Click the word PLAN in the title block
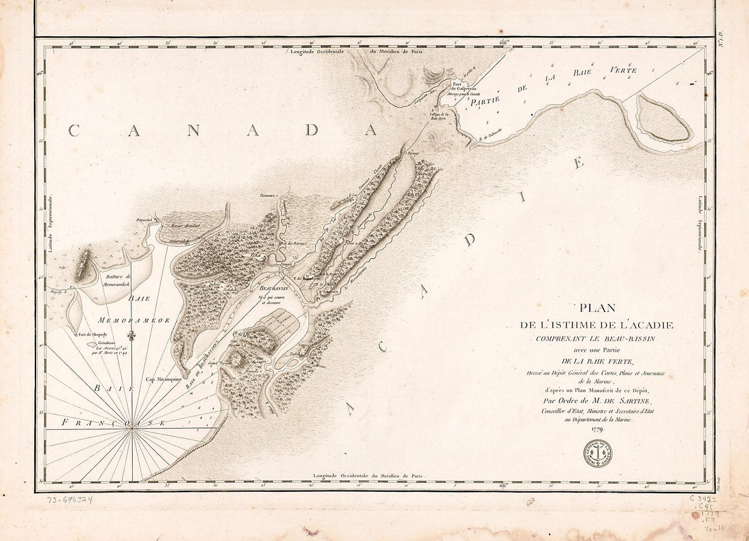(x=596, y=307)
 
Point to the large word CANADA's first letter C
(x=74, y=131)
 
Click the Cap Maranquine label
(x=162, y=380)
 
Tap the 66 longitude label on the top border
(x=504, y=42)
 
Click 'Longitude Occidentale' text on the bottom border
(x=338, y=475)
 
